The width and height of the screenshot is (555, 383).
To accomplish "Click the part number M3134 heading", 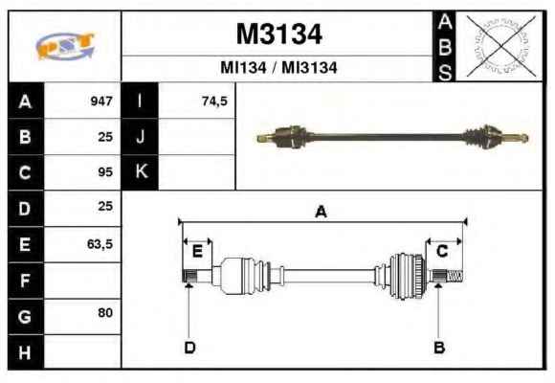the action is point(278,34).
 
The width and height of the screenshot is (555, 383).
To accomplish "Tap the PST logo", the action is point(65,46).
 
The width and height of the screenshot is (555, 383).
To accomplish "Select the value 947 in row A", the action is point(101,101).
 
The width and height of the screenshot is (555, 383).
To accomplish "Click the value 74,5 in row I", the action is point(214,101).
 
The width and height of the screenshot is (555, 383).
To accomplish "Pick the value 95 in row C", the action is point(105,172).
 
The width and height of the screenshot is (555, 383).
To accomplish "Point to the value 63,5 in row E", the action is point(100,244).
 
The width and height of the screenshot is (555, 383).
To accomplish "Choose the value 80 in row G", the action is point(105,313).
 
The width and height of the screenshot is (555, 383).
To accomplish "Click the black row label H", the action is point(26,352).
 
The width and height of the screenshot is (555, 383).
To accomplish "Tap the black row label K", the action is point(140,172).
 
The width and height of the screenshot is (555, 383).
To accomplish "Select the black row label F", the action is point(26,281).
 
